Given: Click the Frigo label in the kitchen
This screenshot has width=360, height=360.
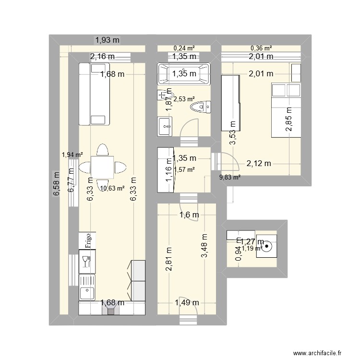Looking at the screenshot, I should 89,240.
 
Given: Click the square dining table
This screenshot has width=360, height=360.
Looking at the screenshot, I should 103,167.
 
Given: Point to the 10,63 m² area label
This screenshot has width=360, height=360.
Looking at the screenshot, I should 112,188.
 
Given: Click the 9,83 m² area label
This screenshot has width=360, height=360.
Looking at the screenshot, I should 230,177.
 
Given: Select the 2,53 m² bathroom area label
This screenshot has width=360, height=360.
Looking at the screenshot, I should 184,99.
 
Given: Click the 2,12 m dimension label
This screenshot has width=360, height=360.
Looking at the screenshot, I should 259,164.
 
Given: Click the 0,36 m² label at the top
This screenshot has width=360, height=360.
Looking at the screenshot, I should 261,48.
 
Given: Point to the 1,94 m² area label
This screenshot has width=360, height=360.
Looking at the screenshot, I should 72,155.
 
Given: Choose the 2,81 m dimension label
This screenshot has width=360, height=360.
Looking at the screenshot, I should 168,259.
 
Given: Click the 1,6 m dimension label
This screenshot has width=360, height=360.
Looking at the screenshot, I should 189,216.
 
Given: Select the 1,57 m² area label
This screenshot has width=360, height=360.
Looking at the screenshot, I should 184,169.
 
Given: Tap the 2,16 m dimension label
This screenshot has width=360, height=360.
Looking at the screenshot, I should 103,57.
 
